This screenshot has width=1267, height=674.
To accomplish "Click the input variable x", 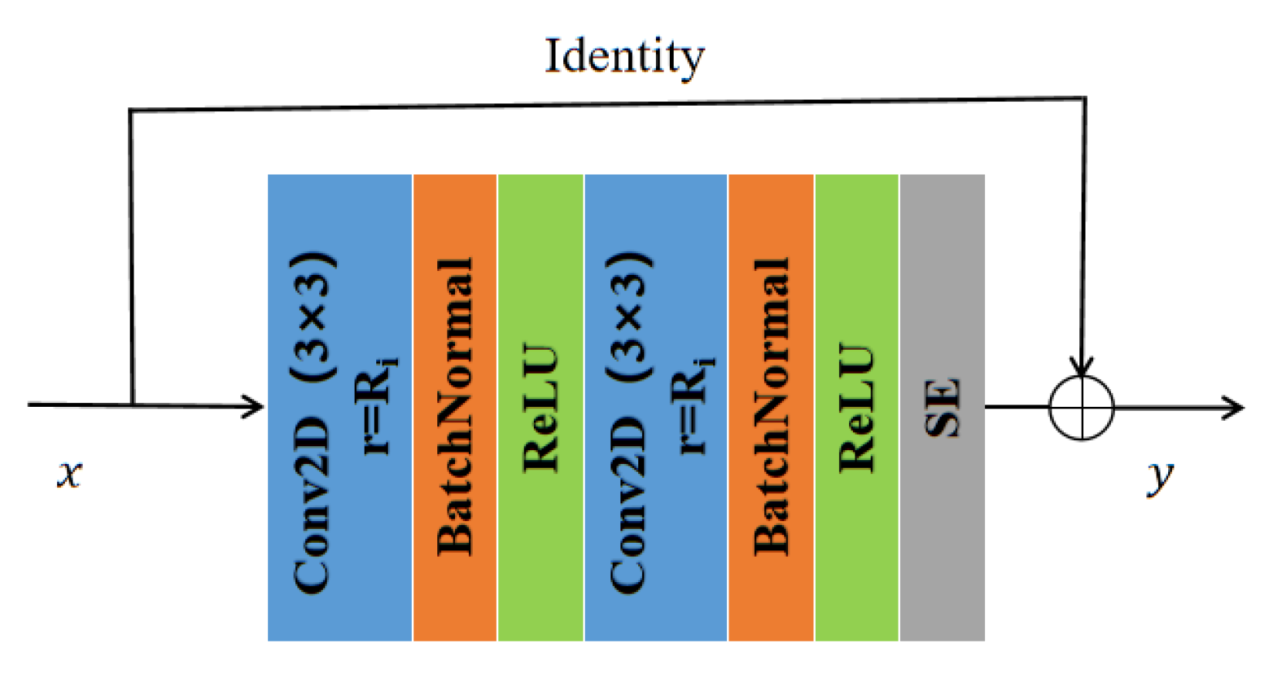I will point(70,473).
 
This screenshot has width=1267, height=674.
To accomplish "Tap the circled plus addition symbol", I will point(1082,408).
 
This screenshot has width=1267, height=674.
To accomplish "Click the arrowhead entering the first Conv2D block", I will point(255,406).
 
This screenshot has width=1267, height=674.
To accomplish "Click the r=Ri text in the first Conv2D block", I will point(375,405).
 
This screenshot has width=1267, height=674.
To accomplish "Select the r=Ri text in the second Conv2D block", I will point(692,405).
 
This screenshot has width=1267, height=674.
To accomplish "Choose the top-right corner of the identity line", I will point(1085,98).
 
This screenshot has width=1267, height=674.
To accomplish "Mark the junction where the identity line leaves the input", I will point(133,404).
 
